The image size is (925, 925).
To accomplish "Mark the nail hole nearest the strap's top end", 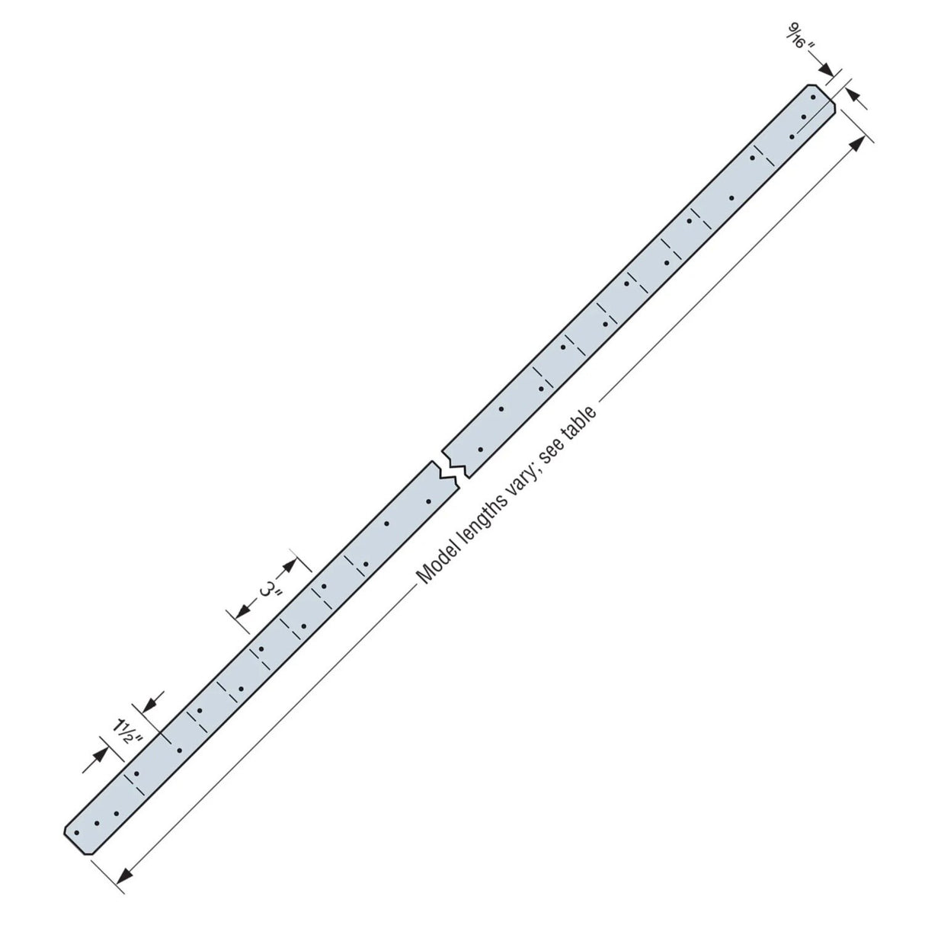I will pyautogui.click(x=813, y=98).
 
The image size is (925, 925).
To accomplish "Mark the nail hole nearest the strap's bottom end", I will pyautogui.click(x=76, y=832).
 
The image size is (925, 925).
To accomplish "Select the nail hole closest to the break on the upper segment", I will pyautogui.click(x=480, y=450).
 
